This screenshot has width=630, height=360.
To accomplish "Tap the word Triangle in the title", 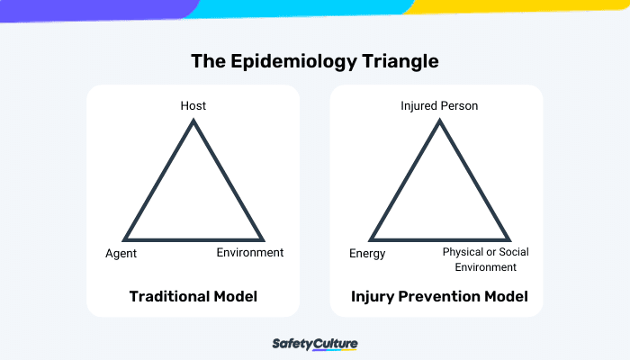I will (400, 62).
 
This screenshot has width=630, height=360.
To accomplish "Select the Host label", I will (193, 106).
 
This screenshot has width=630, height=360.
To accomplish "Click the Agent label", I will (121, 254).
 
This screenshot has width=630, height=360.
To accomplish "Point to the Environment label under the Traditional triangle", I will (250, 253).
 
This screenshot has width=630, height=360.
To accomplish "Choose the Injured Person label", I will (439, 106).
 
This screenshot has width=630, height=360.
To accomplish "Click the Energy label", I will (367, 254).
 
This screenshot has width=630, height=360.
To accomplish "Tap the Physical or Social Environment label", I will (485, 260).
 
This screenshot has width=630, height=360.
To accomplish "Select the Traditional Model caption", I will (193, 296).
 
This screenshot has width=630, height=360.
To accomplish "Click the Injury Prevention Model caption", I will (439, 296).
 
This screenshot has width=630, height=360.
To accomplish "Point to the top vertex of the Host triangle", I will (193, 121).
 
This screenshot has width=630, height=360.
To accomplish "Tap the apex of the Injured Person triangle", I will (439, 121).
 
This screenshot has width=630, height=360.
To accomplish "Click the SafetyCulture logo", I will (315, 345).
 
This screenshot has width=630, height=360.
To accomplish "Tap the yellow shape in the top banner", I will (522, 6).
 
